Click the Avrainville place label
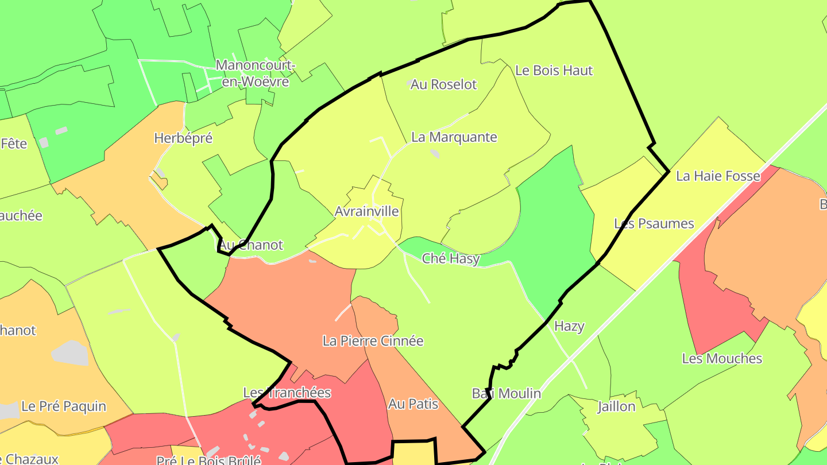click(x=366, y=211)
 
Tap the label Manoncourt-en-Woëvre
click(x=255, y=73)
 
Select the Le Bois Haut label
click(x=554, y=71)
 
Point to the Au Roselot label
click(x=444, y=84)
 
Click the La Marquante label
click(x=454, y=137)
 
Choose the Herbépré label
click(x=183, y=138)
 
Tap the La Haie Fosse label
click(x=718, y=176)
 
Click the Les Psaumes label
click(x=654, y=223)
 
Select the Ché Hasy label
click(x=451, y=259)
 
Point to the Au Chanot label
click(x=250, y=245)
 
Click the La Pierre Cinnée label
click(x=373, y=341)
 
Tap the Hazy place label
click(x=569, y=327)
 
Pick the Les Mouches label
click(x=722, y=358)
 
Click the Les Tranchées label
click(x=287, y=393)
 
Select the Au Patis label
click(x=413, y=404)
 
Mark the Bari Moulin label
click(x=506, y=393)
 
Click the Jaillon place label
click(x=616, y=406)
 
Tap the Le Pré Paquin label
click(x=64, y=406)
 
